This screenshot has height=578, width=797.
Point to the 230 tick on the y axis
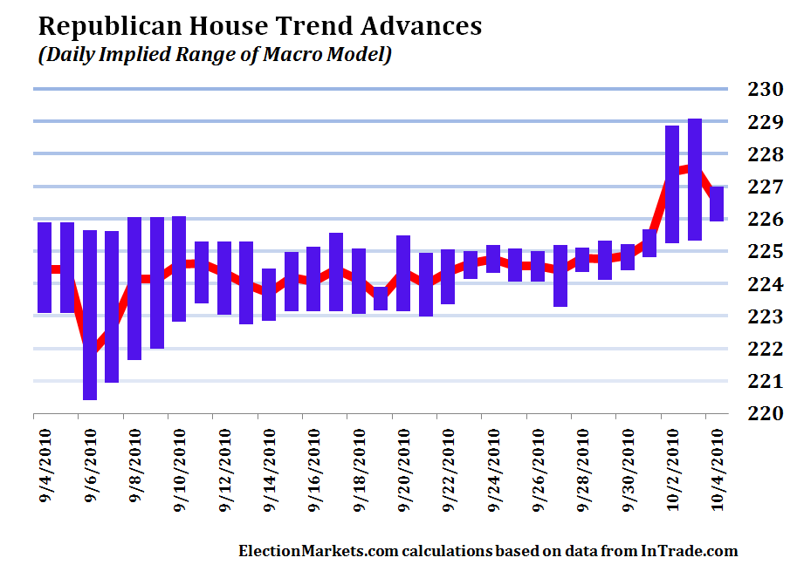[764, 89]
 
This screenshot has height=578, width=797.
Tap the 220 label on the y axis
[764, 413]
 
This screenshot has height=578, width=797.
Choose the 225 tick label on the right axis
[764, 251]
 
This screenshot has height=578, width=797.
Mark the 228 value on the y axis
[764, 154]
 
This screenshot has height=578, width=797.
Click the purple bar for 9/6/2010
[89, 315]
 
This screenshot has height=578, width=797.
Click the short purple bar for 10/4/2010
[716, 204]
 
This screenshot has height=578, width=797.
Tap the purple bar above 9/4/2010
[45, 267]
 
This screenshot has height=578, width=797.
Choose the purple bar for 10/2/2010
[671, 184]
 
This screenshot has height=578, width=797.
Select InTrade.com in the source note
[690, 551]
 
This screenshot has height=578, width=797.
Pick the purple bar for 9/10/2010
[179, 269]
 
